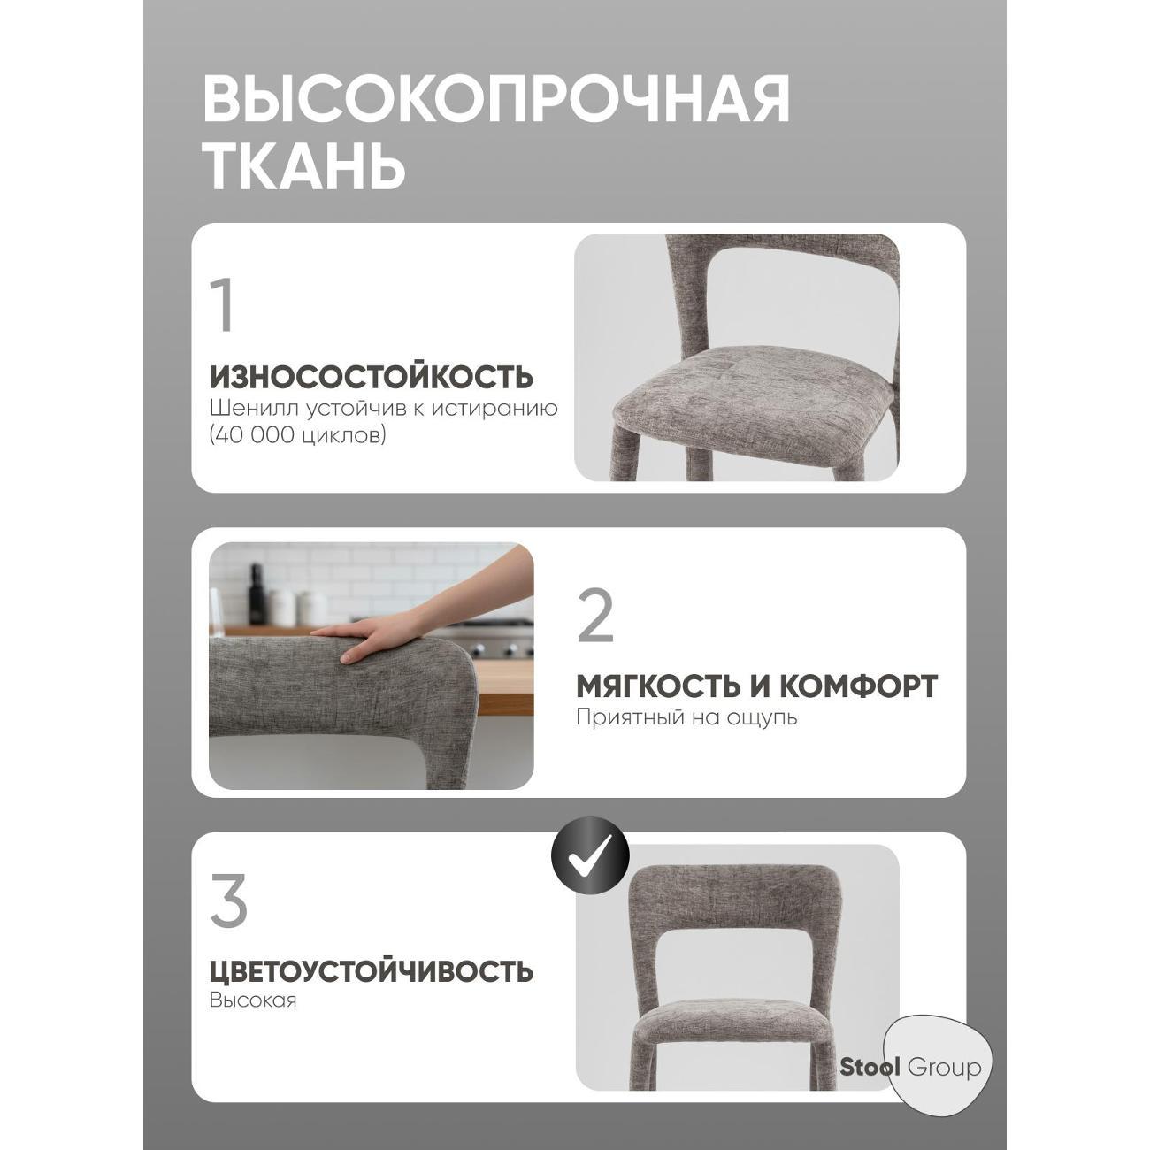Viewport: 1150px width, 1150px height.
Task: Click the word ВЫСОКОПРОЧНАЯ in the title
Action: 496,100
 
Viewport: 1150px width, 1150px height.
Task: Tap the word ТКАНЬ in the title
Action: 304,165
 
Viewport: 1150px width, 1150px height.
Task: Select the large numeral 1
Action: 224,306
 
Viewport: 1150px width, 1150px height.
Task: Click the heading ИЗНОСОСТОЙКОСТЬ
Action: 371,377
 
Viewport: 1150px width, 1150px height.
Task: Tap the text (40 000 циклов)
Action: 298,435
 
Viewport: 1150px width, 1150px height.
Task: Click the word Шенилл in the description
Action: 244,409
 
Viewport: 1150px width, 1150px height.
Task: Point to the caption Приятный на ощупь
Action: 686,717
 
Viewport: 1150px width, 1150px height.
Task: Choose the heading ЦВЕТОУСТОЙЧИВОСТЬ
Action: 371,971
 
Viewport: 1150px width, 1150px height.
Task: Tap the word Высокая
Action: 253,1000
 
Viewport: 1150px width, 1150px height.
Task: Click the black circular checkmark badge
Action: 589,855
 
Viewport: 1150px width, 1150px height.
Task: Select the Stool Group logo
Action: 911,1068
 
